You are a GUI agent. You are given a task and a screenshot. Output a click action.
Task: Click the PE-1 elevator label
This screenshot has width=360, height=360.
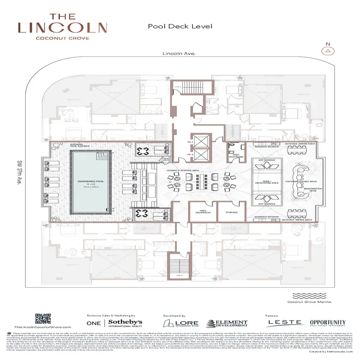pyautogui.click(x=190, y=142)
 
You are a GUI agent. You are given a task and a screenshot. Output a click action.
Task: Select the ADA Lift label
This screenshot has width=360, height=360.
pyautogui.click(x=166, y=159)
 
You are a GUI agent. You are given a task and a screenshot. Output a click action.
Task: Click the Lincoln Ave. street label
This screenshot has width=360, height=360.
pyautogui.click(x=179, y=54)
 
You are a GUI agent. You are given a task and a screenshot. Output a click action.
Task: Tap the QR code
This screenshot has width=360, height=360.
pyautogui.click(x=42, y=318)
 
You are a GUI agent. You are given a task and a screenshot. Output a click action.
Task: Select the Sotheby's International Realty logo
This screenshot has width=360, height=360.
pyautogui.click(x=114, y=323)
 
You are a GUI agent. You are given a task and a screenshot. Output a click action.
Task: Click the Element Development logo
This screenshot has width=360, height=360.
pyautogui.click(x=227, y=324)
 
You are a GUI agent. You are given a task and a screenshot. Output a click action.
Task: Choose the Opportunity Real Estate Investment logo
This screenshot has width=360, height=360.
pyautogui.click(x=328, y=323)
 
